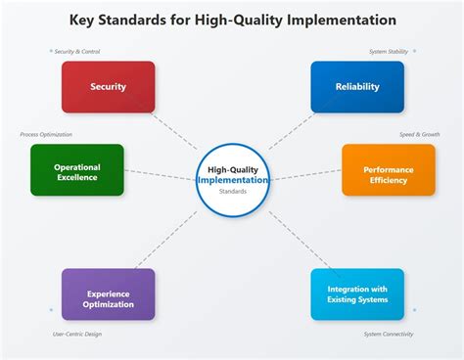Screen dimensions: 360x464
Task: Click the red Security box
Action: tap(108, 86)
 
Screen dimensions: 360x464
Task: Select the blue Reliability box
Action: tap(357, 86)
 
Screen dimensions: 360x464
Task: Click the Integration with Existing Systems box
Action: tap(357, 293)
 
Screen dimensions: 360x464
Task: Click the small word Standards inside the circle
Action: tap(233, 192)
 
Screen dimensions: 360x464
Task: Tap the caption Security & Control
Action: tap(77, 52)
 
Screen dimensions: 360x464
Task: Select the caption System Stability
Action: tap(388, 52)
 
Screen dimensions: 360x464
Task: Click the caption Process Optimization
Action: tap(46, 134)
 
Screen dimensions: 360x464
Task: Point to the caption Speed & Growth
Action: tap(419, 134)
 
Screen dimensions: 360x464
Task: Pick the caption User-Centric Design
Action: tap(77, 335)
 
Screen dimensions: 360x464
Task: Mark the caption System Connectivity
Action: tap(388, 335)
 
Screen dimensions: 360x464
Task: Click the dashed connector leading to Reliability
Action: tap(292, 130)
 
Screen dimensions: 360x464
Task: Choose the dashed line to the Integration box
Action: tap(294, 238)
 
